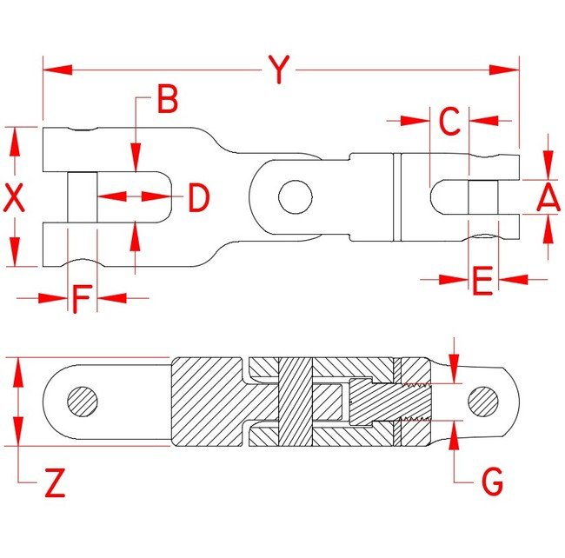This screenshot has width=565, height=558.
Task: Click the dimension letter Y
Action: (x=278, y=70)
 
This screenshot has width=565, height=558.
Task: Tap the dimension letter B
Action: (x=167, y=101)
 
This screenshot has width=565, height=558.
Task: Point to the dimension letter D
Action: (x=200, y=198)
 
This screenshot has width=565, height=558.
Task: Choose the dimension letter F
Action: (x=81, y=298)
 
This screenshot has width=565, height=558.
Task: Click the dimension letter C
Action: (x=449, y=122)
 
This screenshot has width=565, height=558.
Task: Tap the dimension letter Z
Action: (x=54, y=482)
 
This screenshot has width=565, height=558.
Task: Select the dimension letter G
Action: (x=492, y=481)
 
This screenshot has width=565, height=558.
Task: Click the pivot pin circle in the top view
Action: (x=295, y=196)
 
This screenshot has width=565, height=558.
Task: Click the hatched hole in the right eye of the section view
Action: (x=484, y=401)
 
